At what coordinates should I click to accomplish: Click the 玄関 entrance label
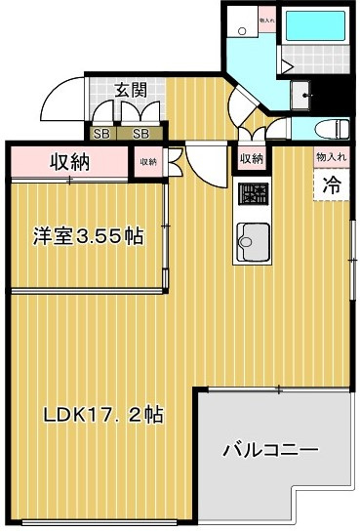(130, 90)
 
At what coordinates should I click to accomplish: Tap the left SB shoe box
(101, 134)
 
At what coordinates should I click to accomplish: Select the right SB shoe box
(141, 134)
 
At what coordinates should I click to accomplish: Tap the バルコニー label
(270, 451)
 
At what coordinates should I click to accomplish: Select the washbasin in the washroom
(305, 95)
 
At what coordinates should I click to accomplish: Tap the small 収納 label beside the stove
(251, 159)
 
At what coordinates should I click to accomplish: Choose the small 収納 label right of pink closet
(147, 162)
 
